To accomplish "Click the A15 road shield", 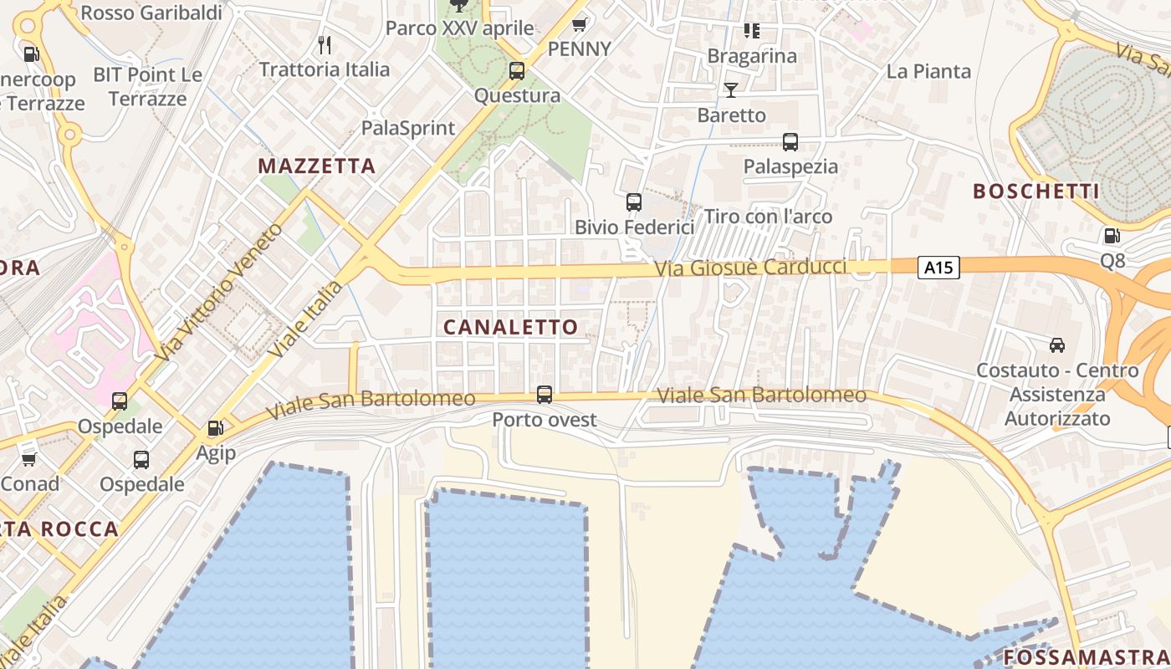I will (938, 268).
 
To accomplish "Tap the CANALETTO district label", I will (510, 327).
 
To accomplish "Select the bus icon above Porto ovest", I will (545, 394).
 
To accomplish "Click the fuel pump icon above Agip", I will (215, 428).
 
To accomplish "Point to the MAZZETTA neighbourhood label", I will (316, 166).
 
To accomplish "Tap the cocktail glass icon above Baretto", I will (731, 89).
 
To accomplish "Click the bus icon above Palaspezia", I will (790, 141).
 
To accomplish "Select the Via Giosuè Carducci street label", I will (750, 268).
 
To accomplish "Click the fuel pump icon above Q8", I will (1112, 237).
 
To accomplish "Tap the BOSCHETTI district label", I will (1035, 192).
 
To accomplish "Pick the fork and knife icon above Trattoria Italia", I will (325, 44).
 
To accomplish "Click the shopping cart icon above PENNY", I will (579, 24).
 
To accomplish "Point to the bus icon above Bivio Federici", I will (634, 202).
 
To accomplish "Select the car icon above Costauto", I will (1057, 345).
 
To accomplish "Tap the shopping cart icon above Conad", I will (29, 458).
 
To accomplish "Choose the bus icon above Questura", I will (517, 71).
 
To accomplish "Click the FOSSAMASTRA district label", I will (1086, 656).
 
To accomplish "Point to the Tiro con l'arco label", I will (768, 217).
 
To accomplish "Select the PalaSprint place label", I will (408, 128).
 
